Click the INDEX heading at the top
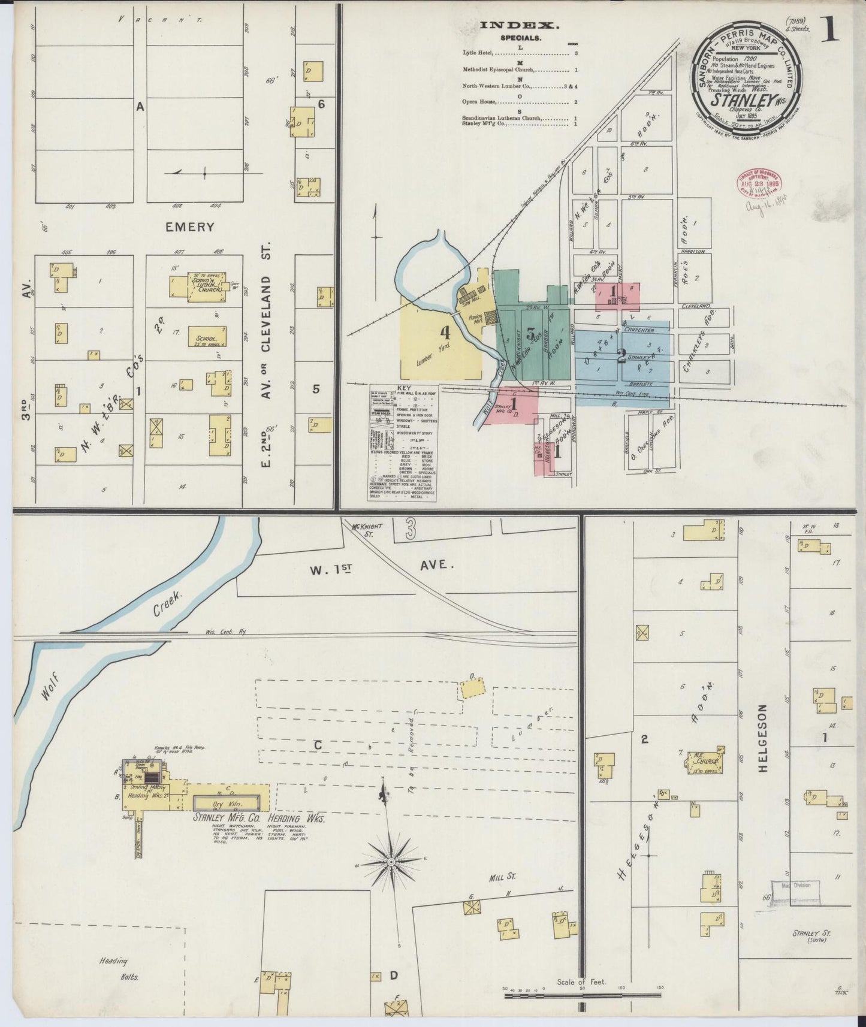(x=520, y=25)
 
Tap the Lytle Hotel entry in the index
(x=476, y=53)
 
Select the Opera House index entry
(x=478, y=102)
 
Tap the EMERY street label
(x=189, y=227)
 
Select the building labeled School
(x=207, y=337)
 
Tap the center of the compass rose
(x=391, y=862)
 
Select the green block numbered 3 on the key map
(x=530, y=334)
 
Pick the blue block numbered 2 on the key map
(x=621, y=354)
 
